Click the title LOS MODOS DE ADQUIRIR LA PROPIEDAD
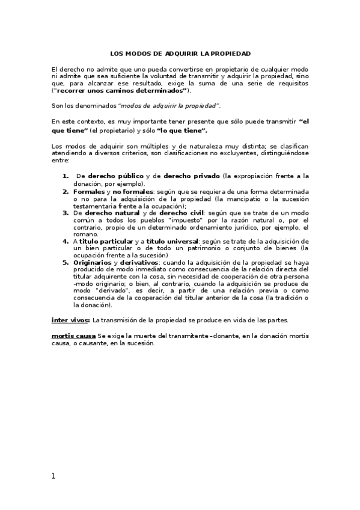[180, 54]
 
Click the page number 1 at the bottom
[53, 476]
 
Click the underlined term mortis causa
[73, 335]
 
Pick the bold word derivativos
[139, 263]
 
